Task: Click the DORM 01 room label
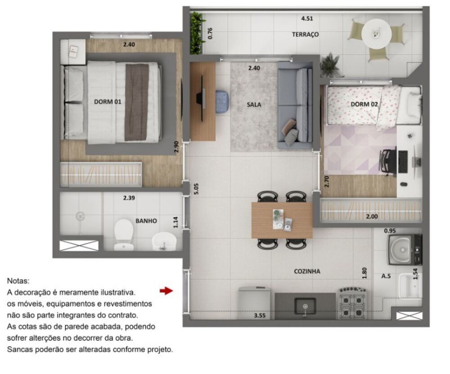[x=108, y=102]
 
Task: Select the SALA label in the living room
[x=254, y=104]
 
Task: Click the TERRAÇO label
[x=305, y=34]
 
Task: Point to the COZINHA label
[x=307, y=271]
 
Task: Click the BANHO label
[x=146, y=221]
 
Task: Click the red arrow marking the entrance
[x=166, y=291]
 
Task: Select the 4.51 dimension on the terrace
[x=307, y=19]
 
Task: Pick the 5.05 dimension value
[x=196, y=188]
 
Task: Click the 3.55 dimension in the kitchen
[x=260, y=316]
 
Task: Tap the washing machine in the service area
[x=404, y=250]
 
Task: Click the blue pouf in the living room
[x=222, y=101]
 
